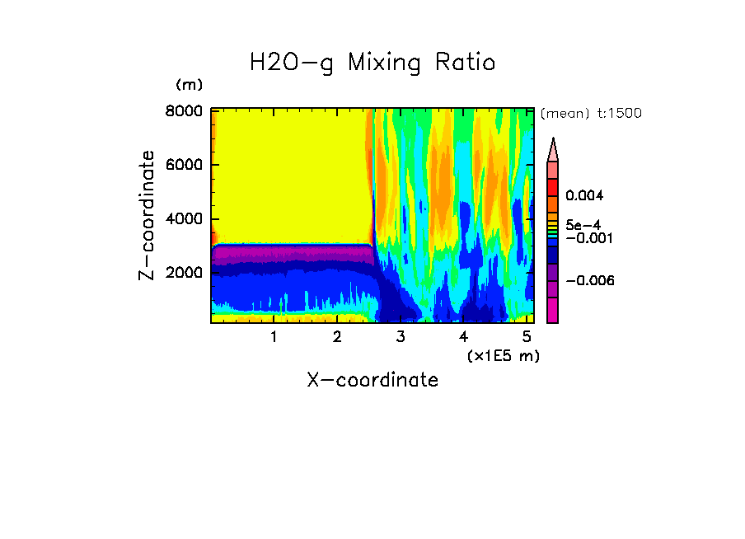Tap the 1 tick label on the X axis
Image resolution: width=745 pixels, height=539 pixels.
coord(274,337)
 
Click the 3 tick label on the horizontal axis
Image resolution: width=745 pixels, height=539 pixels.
coord(401,337)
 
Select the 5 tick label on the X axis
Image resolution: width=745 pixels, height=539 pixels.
coord(527,337)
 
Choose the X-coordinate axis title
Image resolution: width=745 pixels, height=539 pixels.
coord(372,380)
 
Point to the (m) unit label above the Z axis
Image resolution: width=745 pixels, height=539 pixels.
coord(189,85)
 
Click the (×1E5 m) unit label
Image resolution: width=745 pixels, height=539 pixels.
coord(504,356)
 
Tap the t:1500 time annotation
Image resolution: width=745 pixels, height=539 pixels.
coord(621,114)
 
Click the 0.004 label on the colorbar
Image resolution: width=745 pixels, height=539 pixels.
coord(583,196)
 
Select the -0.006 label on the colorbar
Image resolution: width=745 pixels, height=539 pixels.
coord(589,281)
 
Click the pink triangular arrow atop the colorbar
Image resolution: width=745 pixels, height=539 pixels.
coord(553,150)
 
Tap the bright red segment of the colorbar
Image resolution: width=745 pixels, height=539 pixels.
coord(553,187)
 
